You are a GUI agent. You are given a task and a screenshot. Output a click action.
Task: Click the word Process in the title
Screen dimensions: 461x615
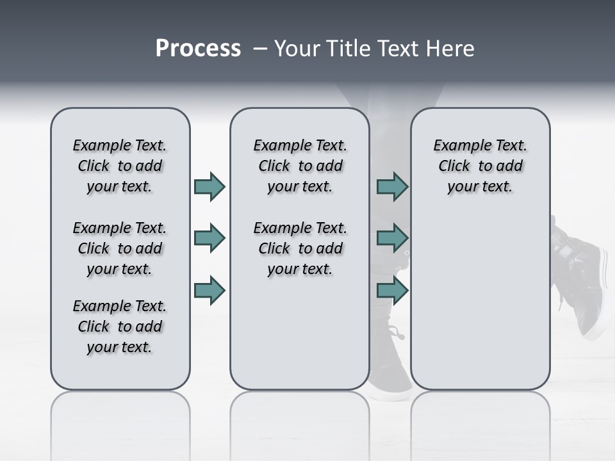click(x=198, y=49)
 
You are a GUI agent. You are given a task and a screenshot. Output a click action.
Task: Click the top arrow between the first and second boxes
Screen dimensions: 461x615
click(x=209, y=186)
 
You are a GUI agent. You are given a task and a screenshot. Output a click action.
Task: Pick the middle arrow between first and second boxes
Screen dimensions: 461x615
click(x=209, y=238)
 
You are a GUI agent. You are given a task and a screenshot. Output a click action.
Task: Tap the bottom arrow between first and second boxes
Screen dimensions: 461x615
click(x=209, y=290)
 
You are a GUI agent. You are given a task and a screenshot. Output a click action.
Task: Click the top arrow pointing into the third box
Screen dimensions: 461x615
click(x=392, y=186)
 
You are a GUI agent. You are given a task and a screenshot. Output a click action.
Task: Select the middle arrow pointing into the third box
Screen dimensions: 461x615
click(x=392, y=238)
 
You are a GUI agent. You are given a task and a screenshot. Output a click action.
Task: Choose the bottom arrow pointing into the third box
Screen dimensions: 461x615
click(x=392, y=290)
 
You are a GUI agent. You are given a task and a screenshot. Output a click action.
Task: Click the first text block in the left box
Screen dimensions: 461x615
click(x=120, y=166)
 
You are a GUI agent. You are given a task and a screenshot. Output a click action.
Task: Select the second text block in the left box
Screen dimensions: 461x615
click(x=120, y=248)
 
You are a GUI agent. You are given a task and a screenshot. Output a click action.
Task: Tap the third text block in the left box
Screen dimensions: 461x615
click(x=120, y=327)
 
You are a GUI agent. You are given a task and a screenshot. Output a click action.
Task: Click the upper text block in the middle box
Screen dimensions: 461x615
click(x=300, y=166)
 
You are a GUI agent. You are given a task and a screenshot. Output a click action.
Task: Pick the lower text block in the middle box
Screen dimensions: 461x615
click(x=300, y=248)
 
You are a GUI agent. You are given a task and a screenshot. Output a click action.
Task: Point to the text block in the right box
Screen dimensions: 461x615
click(x=480, y=166)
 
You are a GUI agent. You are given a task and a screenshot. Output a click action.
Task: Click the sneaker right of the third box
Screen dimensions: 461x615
click(x=580, y=275)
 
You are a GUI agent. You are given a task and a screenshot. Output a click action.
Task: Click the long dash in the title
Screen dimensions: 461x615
click(x=260, y=49)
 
